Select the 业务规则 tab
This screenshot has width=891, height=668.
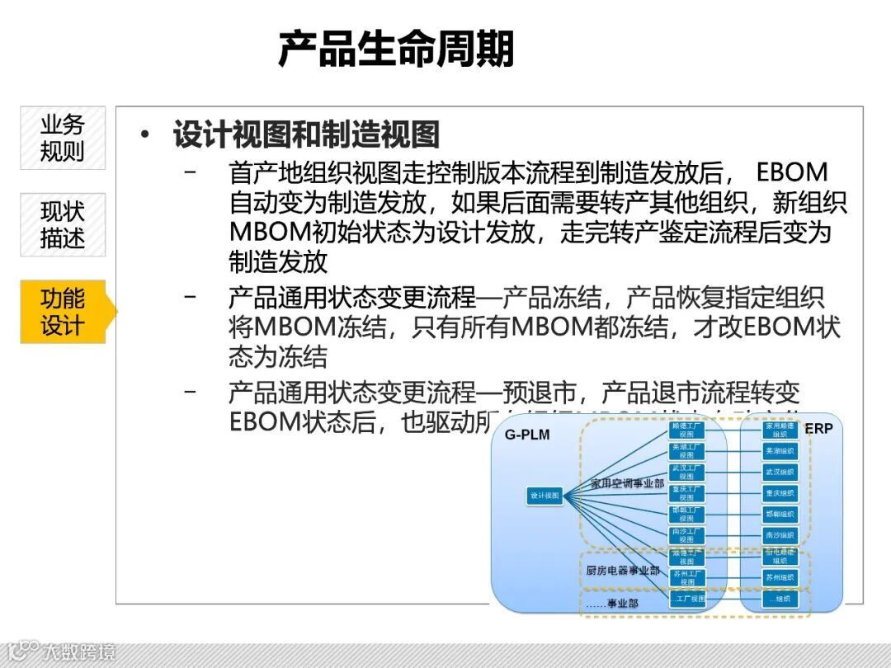click(63, 138)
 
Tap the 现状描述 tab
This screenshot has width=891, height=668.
click(63, 224)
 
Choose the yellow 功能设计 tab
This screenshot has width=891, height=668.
click(63, 312)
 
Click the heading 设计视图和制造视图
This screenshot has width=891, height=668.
click(306, 134)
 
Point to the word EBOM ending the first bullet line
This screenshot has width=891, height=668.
click(791, 172)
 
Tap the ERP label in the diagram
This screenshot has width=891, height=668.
click(818, 429)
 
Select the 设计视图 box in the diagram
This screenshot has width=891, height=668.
click(544, 496)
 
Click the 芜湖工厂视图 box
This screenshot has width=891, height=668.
click(686, 451)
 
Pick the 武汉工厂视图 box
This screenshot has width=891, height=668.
click(686, 472)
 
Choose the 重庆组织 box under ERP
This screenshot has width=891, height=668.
click(780, 493)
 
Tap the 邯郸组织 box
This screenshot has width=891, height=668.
click(780, 514)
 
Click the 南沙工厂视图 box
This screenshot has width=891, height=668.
click(686, 535)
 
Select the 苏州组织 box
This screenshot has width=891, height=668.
click(780, 577)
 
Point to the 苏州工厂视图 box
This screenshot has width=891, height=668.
click(686, 577)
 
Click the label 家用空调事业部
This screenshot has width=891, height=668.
click(627, 483)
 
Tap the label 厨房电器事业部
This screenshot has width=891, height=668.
click(623, 570)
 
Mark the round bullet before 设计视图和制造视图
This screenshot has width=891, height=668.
click(146, 134)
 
